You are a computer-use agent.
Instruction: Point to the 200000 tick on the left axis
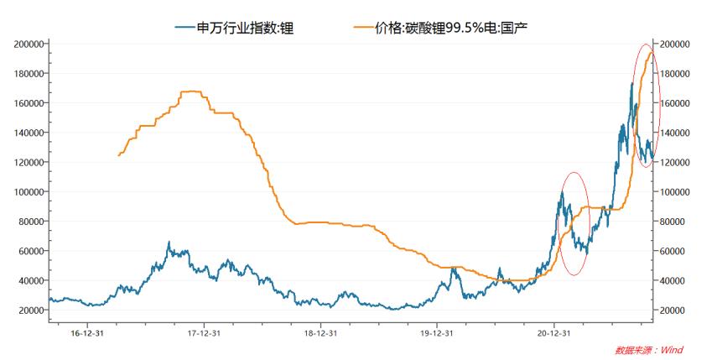[x=28, y=44]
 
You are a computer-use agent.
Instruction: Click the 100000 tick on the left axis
[x=28, y=191]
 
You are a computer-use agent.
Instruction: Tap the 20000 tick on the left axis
[x=30, y=310]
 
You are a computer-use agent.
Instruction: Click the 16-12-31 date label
[x=87, y=332]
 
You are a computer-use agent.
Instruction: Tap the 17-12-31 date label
[x=204, y=332]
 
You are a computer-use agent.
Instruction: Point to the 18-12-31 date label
[x=320, y=332]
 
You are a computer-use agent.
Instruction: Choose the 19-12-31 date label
[x=436, y=332]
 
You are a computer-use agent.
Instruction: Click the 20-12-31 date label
[x=553, y=332]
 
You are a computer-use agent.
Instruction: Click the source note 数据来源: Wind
[x=650, y=349]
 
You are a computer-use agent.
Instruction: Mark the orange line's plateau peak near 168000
[x=192, y=91]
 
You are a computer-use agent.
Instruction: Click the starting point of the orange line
[x=119, y=155]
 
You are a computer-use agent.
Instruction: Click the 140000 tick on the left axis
[x=28, y=133]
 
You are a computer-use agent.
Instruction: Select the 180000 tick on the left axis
[x=28, y=73]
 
